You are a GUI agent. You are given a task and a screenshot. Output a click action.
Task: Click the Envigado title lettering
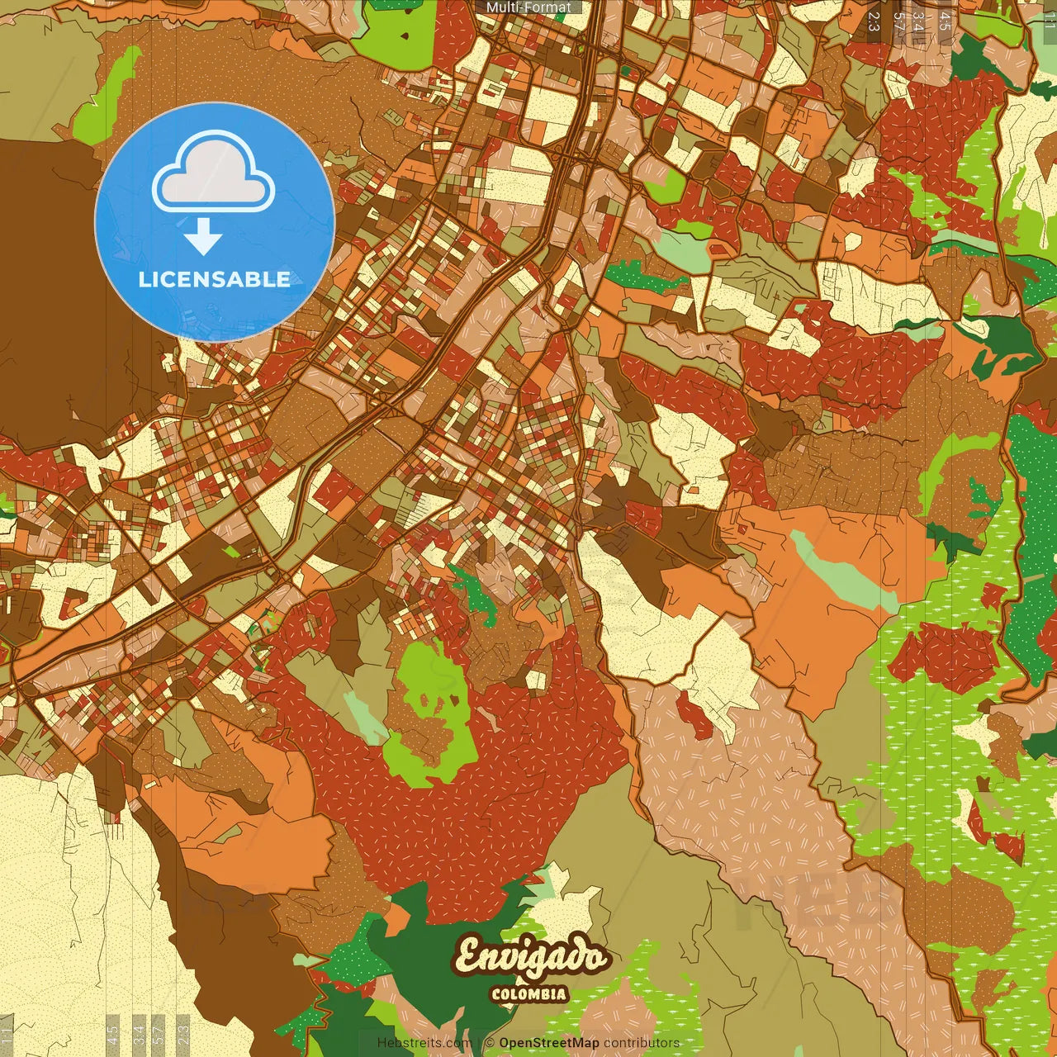pos(531,958)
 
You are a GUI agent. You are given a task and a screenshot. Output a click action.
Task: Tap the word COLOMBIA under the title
pos(529,994)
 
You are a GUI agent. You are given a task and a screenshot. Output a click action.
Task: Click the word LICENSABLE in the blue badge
pos(214,279)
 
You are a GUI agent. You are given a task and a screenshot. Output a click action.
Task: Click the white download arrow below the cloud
pos(203,238)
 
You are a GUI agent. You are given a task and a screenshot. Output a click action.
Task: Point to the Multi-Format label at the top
pos(528,7)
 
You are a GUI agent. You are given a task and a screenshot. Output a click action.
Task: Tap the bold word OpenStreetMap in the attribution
pos(549,1043)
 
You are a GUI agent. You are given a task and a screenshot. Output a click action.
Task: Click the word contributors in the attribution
pos(642,1043)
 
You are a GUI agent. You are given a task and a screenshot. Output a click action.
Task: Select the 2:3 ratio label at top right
pos(874,21)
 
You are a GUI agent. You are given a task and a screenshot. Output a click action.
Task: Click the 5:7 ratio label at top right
pos(898,21)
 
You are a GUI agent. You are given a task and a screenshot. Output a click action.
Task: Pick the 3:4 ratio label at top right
pos(917,21)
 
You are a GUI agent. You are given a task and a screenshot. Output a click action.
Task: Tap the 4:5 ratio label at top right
pos(945,21)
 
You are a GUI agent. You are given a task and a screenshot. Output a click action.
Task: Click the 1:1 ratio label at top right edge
pos(1050,21)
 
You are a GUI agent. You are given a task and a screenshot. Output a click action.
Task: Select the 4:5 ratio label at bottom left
pos(113,1036)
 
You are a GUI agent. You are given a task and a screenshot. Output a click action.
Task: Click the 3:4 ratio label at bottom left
pos(140,1036)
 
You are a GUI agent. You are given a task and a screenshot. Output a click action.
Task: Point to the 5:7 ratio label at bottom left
pos(159,1036)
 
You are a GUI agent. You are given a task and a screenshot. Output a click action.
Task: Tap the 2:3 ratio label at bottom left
pos(183,1036)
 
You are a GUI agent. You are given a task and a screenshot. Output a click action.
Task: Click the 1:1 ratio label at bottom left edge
pos(7,1036)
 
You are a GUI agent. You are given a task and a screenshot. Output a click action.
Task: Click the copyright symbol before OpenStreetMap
pos(490,1043)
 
